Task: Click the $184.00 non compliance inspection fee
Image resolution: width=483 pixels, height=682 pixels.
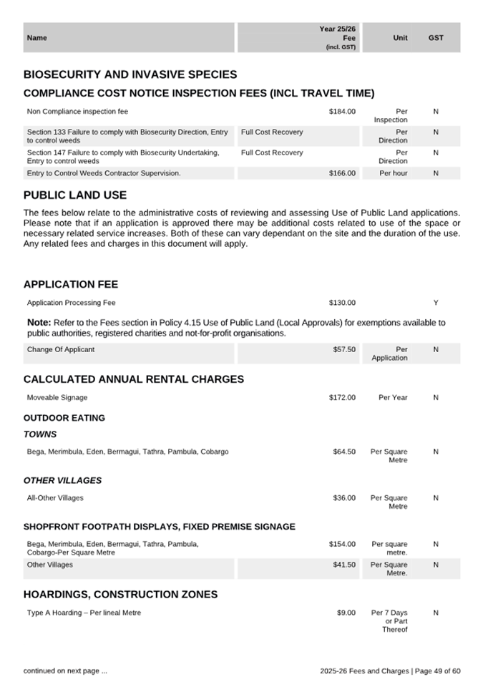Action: (x=342, y=112)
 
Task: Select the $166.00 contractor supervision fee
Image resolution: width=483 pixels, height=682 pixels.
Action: (x=342, y=173)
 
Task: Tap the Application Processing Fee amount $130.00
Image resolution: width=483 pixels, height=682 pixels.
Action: (x=342, y=303)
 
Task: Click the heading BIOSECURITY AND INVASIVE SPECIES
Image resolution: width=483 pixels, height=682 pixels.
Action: (x=130, y=74)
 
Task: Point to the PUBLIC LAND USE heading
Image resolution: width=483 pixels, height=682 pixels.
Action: (x=75, y=195)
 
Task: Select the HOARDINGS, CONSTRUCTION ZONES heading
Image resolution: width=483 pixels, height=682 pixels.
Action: (x=120, y=595)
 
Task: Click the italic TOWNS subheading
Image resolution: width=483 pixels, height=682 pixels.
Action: (x=40, y=434)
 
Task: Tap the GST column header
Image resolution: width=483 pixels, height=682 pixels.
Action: (x=436, y=38)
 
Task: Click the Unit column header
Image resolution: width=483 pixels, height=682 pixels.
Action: (x=400, y=38)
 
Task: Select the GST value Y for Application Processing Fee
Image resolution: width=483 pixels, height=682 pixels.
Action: (x=436, y=303)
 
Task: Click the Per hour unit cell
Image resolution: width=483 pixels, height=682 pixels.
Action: (x=393, y=173)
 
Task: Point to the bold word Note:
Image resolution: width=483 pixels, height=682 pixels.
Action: (x=39, y=323)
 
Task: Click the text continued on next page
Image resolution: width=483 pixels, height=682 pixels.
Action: (x=65, y=671)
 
